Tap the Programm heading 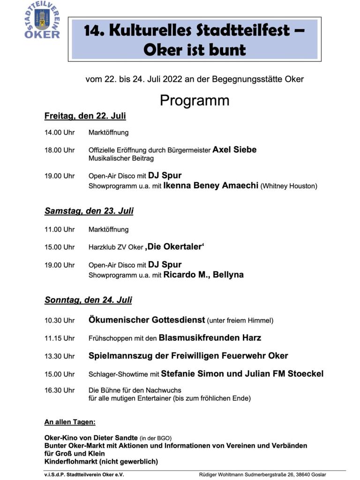(195, 100)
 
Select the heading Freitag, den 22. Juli (85, 116)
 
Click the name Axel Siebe (234, 150)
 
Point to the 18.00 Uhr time (60, 150)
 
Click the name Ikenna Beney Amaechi (211, 186)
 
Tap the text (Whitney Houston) (289, 186)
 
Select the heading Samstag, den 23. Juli (89, 211)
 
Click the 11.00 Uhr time (60, 230)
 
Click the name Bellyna (228, 275)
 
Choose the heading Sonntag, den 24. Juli (88, 300)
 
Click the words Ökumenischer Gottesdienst (147, 320)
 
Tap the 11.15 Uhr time (60, 338)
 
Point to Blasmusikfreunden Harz (210, 337)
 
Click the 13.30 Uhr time (60, 356)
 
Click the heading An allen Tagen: (70, 422)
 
